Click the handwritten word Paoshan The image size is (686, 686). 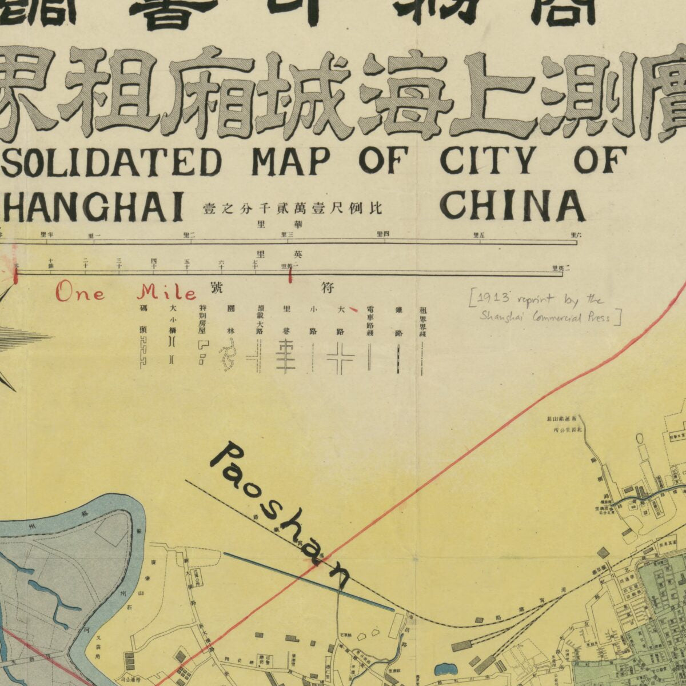[280, 514]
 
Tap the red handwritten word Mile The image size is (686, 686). [167, 293]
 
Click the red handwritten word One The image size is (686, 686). [80, 293]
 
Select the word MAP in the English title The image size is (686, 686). [290, 162]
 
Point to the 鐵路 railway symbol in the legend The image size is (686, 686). [398, 360]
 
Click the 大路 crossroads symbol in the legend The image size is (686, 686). [341, 359]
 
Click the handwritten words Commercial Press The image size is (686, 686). [572, 317]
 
